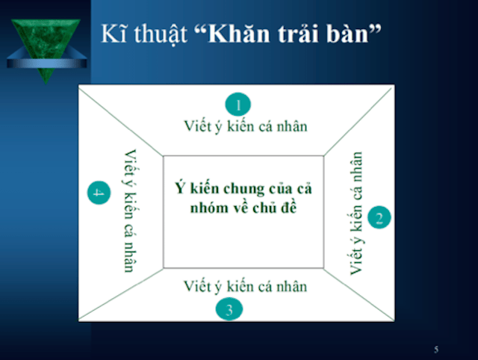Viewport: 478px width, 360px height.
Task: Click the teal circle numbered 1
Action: pos(238,104)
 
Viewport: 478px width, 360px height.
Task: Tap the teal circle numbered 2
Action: pos(379,218)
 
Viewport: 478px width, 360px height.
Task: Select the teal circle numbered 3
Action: pos(229,308)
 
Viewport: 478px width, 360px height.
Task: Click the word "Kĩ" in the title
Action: pos(112,34)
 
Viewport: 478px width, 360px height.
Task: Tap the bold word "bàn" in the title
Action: pos(354,34)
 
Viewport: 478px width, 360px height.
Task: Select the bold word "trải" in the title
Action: pos(304,34)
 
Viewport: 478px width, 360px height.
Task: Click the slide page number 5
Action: pos(436,350)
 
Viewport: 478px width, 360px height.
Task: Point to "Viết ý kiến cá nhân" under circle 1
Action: pos(246,125)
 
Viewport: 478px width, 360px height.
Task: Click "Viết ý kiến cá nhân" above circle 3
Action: pos(246,286)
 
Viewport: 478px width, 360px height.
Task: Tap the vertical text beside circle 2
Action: pos(356,213)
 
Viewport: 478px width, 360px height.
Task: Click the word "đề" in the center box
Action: pos(288,207)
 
